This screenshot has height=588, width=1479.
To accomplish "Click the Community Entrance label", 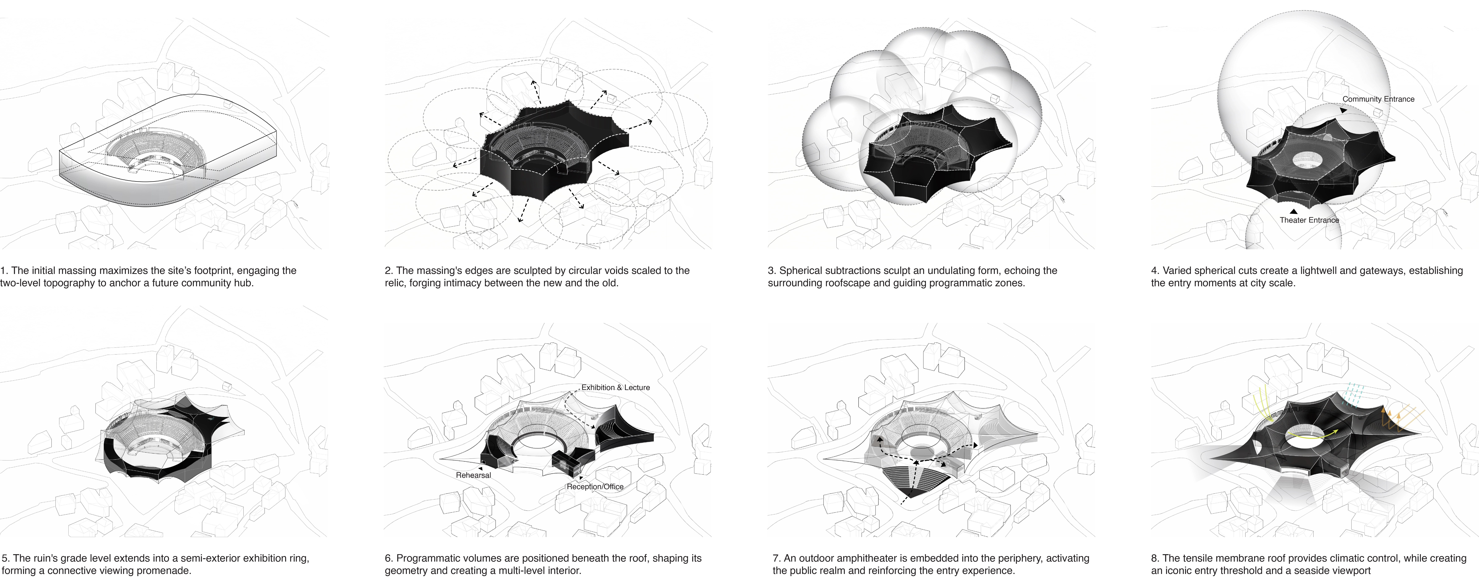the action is pyautogui.click(x=1378, y=99).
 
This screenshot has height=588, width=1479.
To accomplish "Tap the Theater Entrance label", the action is pyautogui.click(x=1309, y=220).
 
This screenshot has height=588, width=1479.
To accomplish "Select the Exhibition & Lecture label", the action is pyautogui.click(x=615, y=388).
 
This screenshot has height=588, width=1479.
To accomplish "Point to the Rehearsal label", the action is pyautogui.click(x=473, y=475).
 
